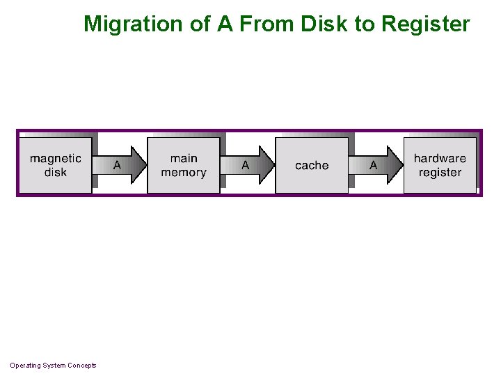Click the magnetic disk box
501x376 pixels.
(x=56, y=165)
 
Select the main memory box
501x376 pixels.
(x=184, y=165)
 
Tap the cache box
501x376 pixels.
(x=312, y=165)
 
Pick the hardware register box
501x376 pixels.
(x=440, y=165)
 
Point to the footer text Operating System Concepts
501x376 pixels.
(x=53, y=366)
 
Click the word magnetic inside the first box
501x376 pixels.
(x=56, y=159)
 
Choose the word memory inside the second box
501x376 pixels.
(x=184, y=173)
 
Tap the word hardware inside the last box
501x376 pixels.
(x=440, y=159)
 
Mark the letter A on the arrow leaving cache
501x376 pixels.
(x=373, y=166)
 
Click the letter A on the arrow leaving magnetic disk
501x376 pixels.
(x=117, y=166)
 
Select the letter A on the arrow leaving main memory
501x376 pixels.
(x=245, y=166)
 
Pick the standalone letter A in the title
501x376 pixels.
(x=224, y=24)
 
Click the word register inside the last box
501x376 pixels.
(x=440, y=173)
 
